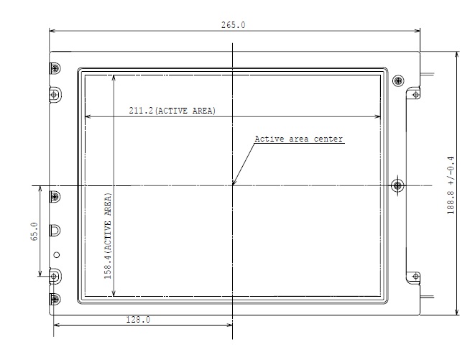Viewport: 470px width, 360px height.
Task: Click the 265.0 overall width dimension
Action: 234,24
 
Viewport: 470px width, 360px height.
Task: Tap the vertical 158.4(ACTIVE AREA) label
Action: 108,234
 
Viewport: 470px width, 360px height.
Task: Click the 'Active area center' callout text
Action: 299,139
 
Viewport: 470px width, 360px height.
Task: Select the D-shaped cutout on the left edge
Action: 55,230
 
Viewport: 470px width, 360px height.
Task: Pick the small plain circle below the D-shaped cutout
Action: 56,254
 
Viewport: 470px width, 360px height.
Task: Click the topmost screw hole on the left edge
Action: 55,68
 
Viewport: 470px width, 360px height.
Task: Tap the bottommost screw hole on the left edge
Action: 55,298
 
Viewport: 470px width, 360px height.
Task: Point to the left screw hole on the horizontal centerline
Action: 55,195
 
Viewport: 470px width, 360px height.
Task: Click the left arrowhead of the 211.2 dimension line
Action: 88,116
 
